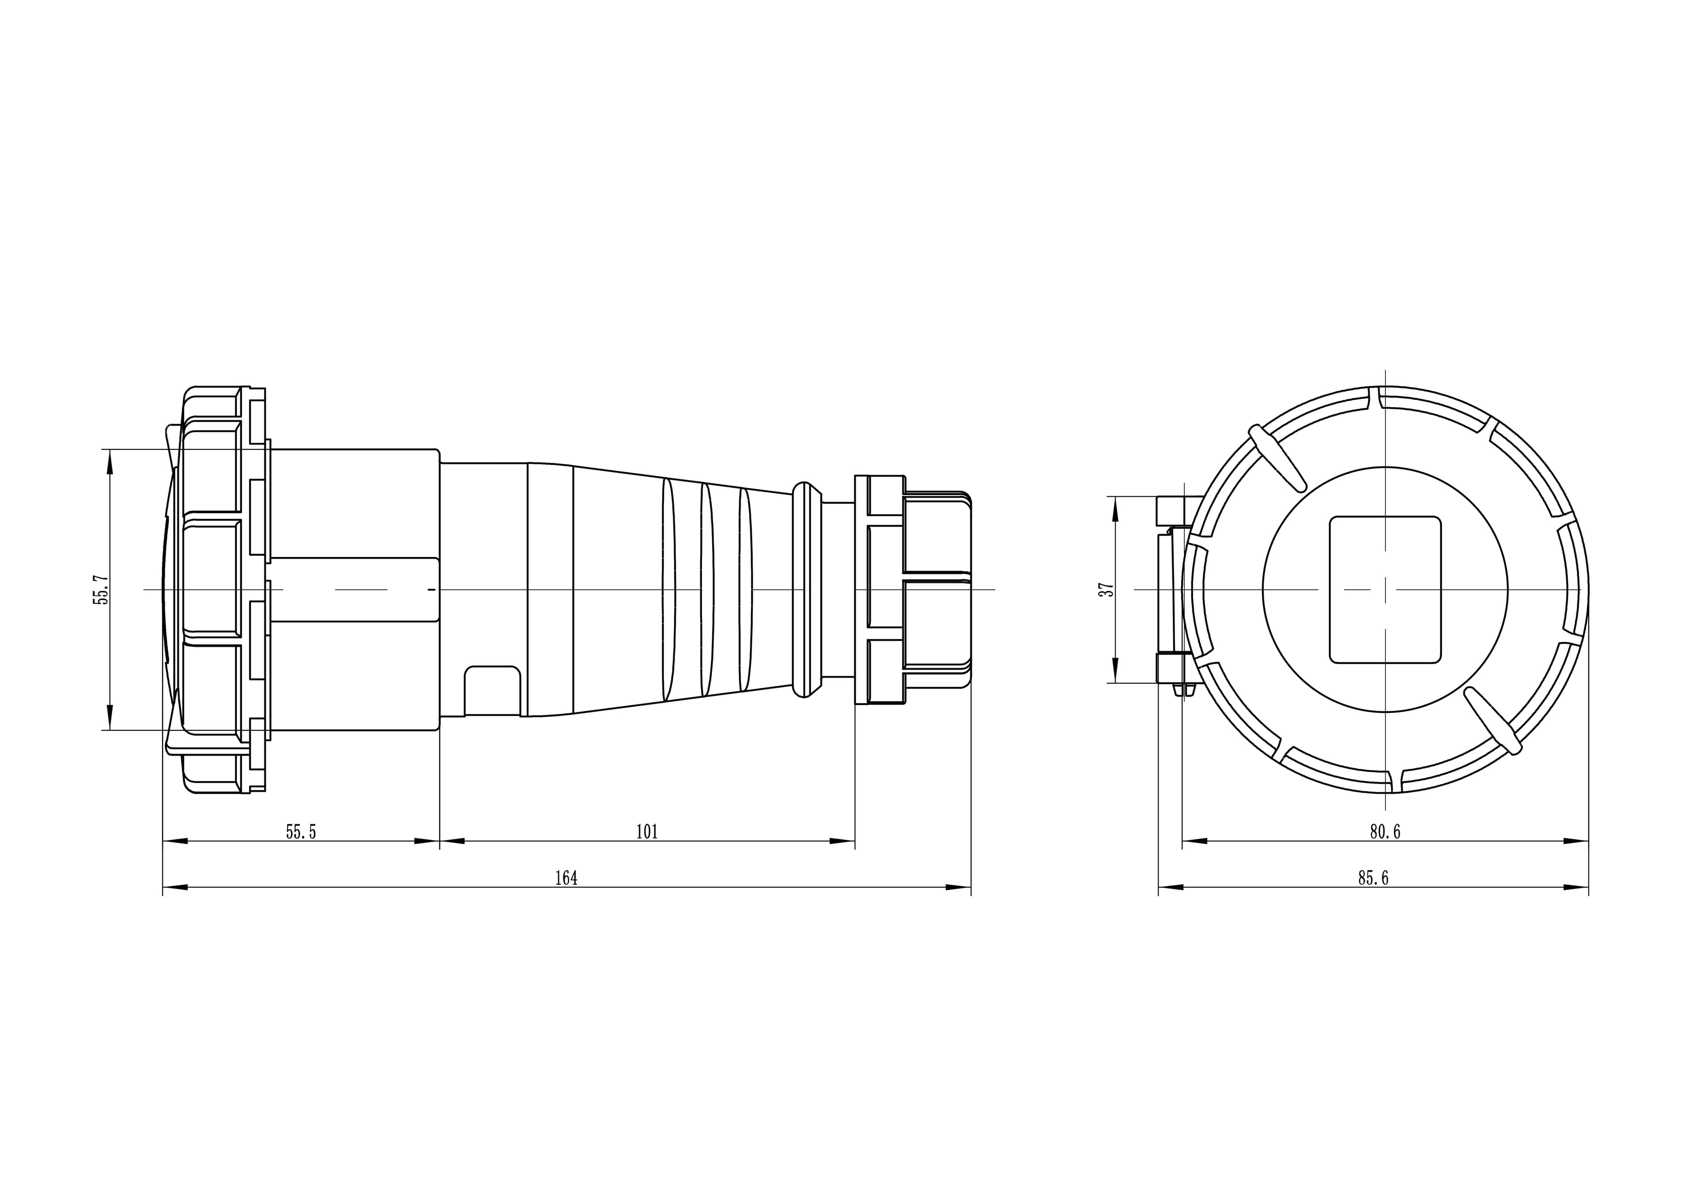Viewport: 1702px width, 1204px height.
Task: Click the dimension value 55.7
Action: tap(101, 589)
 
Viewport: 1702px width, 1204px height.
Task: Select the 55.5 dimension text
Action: tap(301, 832)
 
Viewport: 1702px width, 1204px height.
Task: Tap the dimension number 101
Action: tap(647, 832)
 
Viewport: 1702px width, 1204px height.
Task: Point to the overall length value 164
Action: tap(566, 878)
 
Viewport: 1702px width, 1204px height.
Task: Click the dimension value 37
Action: tap(1106, 589)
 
